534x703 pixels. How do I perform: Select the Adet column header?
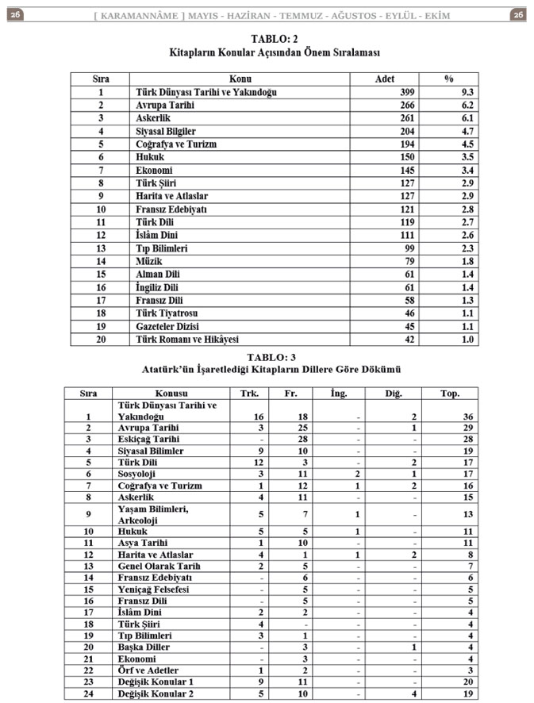tap(384, 79)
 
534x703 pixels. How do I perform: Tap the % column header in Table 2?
tap(448, 79)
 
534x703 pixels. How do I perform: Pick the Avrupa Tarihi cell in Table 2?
tap(164, 105)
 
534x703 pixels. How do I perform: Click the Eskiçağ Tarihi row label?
tap(148, 440)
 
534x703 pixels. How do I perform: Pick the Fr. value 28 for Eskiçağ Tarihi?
tap(291, 440)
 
